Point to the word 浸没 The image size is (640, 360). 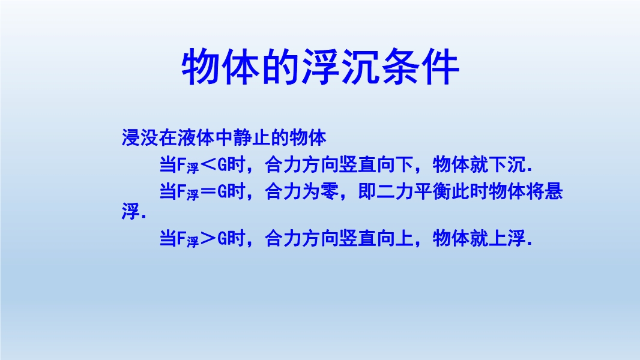(140, 138)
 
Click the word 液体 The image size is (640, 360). (196, 138)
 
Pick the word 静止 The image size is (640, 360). (253, 138)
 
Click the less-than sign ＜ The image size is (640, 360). (208, 166)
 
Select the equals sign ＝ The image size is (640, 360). (208, 191)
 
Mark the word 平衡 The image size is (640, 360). (432, 191)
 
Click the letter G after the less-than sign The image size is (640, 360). (222, 165)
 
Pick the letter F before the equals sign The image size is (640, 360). (182, 191)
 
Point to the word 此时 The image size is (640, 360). (470, 191)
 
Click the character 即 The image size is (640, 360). (367, 191)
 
